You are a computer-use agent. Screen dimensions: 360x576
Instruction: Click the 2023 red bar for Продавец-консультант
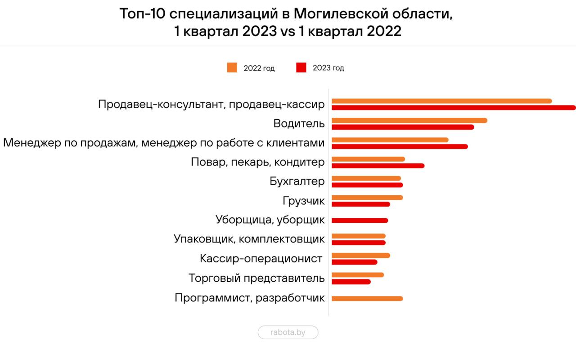point(454,108)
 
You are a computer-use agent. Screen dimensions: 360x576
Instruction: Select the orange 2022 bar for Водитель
point(409,120)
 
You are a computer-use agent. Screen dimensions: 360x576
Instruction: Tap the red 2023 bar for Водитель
point(403,127)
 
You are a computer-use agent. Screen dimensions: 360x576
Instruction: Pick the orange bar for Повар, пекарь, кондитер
point(368,159)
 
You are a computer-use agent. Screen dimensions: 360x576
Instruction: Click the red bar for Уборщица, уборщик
point(360,220)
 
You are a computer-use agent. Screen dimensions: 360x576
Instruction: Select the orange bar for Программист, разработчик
point(367,298)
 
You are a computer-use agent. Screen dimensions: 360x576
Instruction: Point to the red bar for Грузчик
point(361,204)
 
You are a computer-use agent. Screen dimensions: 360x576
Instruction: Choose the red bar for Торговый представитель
point(351,282)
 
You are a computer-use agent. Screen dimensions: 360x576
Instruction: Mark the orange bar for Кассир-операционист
point(361,256)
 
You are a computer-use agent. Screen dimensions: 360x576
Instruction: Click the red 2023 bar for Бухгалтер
point(367,185)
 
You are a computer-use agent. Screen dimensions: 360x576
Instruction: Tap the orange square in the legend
point(232,68)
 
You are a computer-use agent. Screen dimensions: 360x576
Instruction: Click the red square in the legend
point(301,68)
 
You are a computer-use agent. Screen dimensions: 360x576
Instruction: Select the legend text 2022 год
point(259,68)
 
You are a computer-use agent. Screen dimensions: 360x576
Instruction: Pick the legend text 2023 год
point(328,68)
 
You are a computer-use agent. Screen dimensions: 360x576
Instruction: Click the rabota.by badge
point(288,333)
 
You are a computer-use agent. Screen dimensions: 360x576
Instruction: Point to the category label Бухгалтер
point(297,182)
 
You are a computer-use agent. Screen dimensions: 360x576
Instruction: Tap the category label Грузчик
point(304,201)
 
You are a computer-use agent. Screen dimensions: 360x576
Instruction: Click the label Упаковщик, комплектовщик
point(249,239)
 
